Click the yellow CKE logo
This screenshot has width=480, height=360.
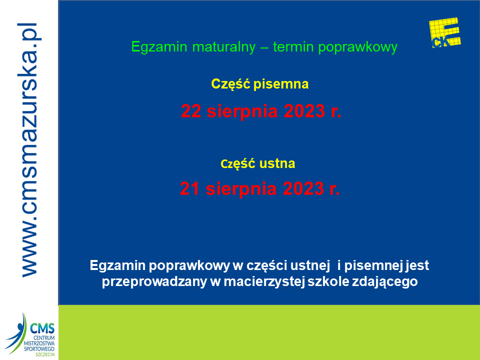tap(445, 33)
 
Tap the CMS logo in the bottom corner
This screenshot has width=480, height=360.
tap(30, 334)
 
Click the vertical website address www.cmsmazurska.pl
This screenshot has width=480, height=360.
tap(29, 150)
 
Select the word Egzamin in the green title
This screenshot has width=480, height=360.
tap(159, 47)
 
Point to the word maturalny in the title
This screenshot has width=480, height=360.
tap(224, 47)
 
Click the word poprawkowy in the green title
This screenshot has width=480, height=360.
tap(357, 47)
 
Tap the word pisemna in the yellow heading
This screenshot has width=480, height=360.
tap(281, 84)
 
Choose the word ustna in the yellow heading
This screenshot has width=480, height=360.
tap(277, 163)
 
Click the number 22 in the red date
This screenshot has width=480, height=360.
tap(191, 111)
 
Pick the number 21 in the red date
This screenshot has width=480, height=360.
tap(190, 188)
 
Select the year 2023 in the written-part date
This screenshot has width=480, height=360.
tap(304, 111)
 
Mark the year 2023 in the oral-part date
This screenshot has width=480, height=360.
tap(303, 188)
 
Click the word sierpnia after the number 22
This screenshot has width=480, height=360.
tap(242, 111)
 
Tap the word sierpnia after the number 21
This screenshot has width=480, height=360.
tap(241, 188)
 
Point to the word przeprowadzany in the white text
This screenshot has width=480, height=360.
tap(154, 281)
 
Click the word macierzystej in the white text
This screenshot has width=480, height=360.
tap(264, 281)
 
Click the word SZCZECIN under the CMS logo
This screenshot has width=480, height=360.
tap(45, 354)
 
